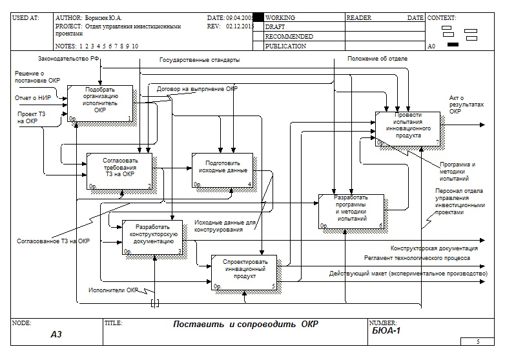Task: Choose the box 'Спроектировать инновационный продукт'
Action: click(x=244, y=271)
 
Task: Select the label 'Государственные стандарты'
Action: click(x=200, y=60)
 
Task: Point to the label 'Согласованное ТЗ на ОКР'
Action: click(x=53, y=241)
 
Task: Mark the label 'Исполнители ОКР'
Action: click(x=114, y=290)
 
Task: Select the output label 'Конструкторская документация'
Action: click(x=434, y=248)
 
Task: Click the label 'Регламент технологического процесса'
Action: click(x=417, y=257)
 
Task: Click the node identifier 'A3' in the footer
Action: click(x=56, y=335)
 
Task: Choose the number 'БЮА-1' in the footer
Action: click(x=387, y=331)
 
